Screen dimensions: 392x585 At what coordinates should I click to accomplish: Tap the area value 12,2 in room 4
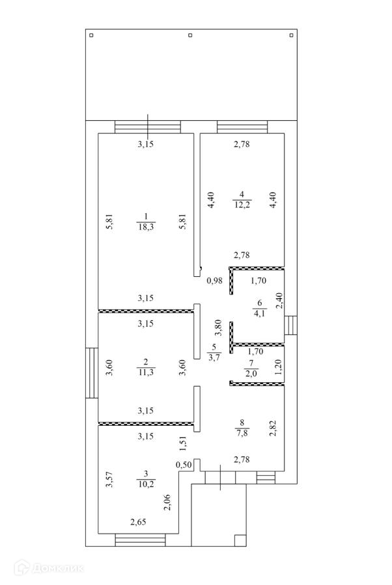click(x=242, y=204)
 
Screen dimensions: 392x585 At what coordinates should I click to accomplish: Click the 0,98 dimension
click(x=214, y=281)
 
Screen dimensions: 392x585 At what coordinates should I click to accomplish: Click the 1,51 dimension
click(x=183, y=444)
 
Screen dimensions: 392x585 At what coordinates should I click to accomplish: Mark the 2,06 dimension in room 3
click(x=168, y=502)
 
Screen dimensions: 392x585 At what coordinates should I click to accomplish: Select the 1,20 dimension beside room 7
click(x=279, y=369)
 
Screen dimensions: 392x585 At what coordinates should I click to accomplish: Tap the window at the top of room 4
click(x=242, y=127)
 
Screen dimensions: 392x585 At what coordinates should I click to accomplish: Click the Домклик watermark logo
click(x=48, y=569)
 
